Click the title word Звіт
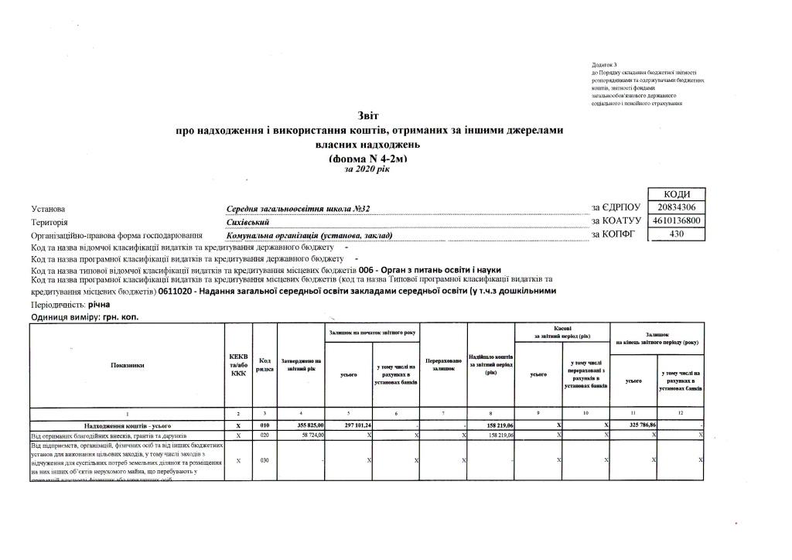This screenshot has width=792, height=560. [368, 116]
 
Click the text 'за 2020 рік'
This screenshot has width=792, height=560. [368, 169]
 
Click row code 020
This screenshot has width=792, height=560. [265, 435]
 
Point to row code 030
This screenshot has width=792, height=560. [265, 460]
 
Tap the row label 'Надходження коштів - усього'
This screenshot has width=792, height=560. [127, 425]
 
